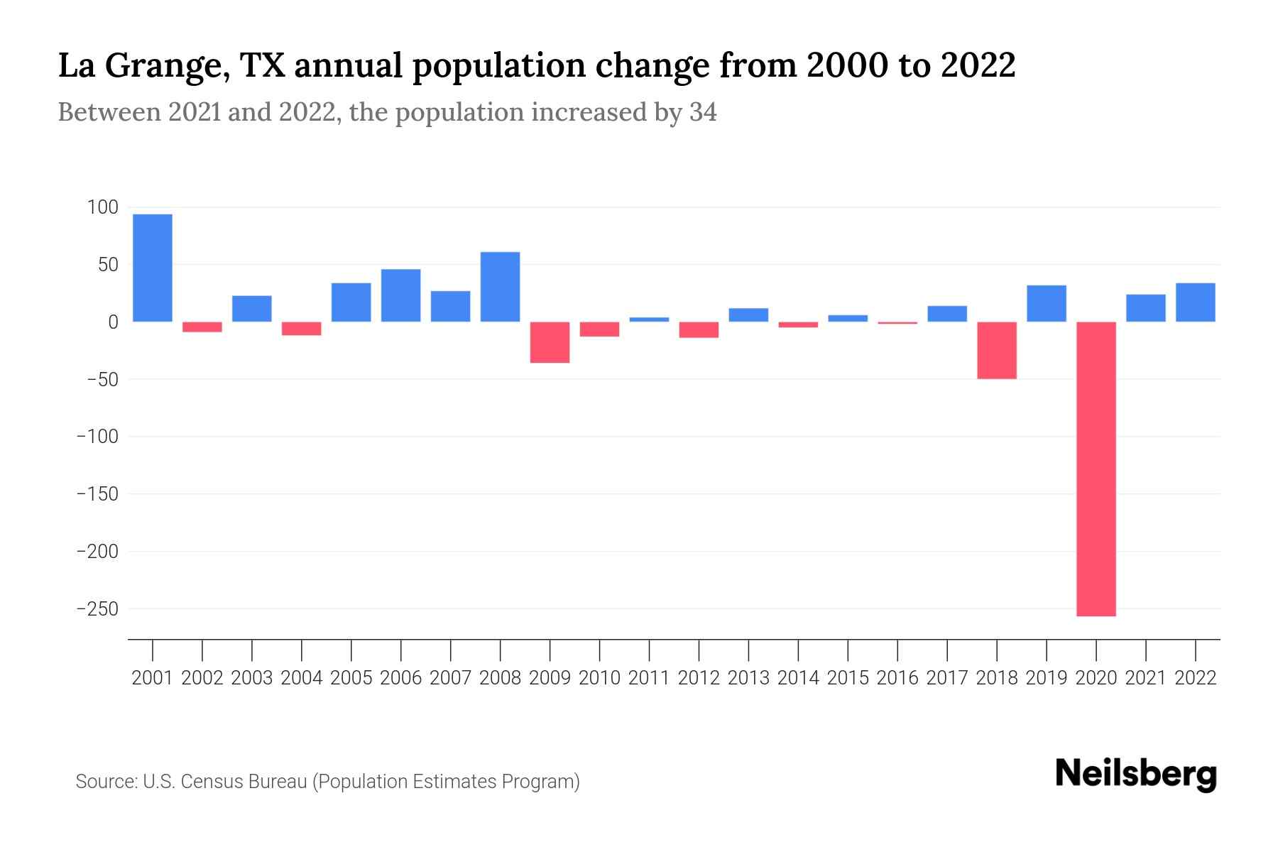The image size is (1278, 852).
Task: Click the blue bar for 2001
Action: pos(153,268)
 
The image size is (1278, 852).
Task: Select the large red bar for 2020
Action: pos(1096,469)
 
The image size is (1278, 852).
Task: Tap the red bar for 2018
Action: pos(997,350)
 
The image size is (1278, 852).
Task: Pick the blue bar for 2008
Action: pos(500,287)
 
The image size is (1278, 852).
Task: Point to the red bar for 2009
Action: pos(550,342)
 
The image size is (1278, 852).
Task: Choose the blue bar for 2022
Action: pos(1196,302)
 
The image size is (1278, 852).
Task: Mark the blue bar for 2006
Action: pos(400,295)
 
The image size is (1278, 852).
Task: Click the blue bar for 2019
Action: pos(1047,303)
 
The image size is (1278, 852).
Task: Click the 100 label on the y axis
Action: pos(102,207)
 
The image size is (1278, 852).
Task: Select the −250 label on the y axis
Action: pos(97,608)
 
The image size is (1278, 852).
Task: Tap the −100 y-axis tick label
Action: pos(97,437)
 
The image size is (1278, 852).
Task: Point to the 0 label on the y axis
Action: pos(113,322)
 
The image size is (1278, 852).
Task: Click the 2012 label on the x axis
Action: pos(699,678)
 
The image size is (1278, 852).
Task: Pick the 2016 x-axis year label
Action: pos(897,678)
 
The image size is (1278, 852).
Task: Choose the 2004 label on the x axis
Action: pos(302,678)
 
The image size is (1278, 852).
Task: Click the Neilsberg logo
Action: pos(1136,774)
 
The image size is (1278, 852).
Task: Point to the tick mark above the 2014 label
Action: pos(798,649)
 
